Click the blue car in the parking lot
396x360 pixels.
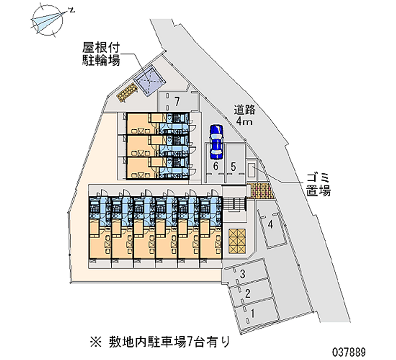(x=216, y=140)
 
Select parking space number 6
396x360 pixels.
(x=215, y=166)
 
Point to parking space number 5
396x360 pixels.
(x=233, y=166)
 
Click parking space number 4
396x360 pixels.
(x=270, y=225)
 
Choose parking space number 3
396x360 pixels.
(x=243, y=274)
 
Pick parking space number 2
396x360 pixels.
(x=247, y=293)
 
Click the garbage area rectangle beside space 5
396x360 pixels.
(x=252, y=170)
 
